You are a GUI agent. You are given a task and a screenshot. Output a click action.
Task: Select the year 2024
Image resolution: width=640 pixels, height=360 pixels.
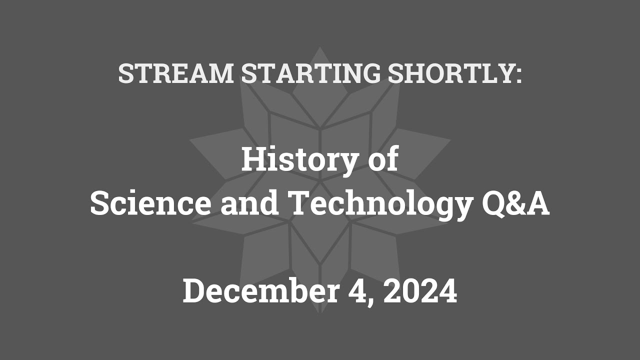[x=420, y=291]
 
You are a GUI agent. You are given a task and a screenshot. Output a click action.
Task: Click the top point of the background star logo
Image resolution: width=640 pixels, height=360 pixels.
[x=320, y=48]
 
